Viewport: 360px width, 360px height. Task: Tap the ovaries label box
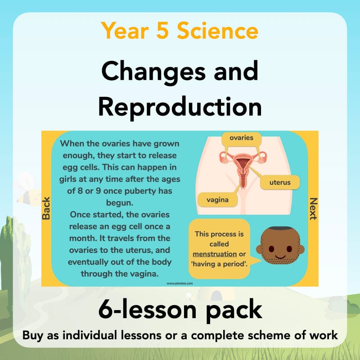tap(241, 138)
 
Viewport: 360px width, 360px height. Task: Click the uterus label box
tap(279, 183)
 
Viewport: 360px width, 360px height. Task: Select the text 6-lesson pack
tap(180, 310)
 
